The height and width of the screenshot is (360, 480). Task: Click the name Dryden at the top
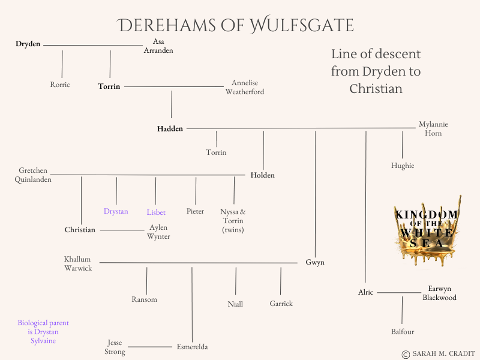(x=28, y=44)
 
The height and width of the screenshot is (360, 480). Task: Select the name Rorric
(x=60, y=85)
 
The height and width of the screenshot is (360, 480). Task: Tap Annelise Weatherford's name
(x=245, y=88)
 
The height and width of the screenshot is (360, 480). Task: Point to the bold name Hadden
(x=170, y=128)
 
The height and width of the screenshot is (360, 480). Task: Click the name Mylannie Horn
(x=433, y=128)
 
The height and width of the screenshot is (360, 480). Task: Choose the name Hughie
(x=403, y=166)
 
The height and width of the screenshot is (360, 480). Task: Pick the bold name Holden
(x=263, y=175)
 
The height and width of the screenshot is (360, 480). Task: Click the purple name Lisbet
(x=156, y=212)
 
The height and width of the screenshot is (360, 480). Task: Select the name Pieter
(x=195, y=211)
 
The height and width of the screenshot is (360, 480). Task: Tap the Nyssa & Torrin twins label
(x=233, y=220)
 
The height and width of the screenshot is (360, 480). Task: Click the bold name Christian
(x=80, y=230)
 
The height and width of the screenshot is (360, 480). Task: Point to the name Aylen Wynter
(x=158, y=232)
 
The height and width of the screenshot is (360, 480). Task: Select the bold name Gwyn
(x=315, y=263)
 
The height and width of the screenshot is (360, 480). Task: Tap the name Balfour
(x=403, y=332)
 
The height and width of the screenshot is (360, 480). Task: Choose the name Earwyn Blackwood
(x=439, y=293)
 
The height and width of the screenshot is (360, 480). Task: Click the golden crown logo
(x=427, y=231)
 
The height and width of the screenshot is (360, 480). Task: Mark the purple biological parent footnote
(x=38, y=332)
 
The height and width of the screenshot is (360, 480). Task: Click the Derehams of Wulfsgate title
(x=235, y=25)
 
